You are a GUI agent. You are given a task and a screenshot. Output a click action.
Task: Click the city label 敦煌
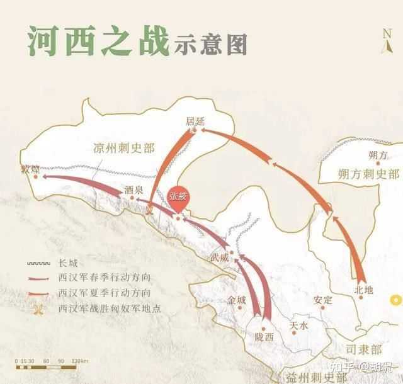(x=30, y=169)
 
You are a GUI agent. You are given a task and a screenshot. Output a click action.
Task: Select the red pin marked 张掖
(x=178, y=196)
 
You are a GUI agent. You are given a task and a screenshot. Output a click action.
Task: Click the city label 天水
(x=298, y=326)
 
